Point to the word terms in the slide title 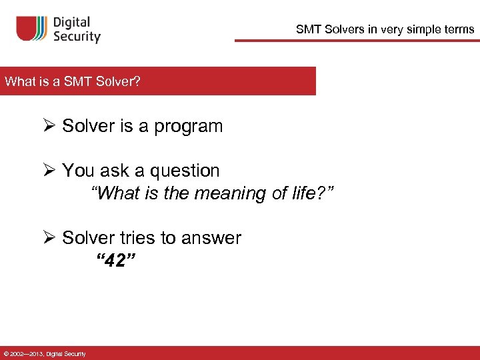point(459,29)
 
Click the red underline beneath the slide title point(357,41)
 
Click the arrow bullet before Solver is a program point(49,126)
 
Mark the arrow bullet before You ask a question point(49,171)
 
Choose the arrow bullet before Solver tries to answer point(49,238)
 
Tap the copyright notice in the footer point(44,353)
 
